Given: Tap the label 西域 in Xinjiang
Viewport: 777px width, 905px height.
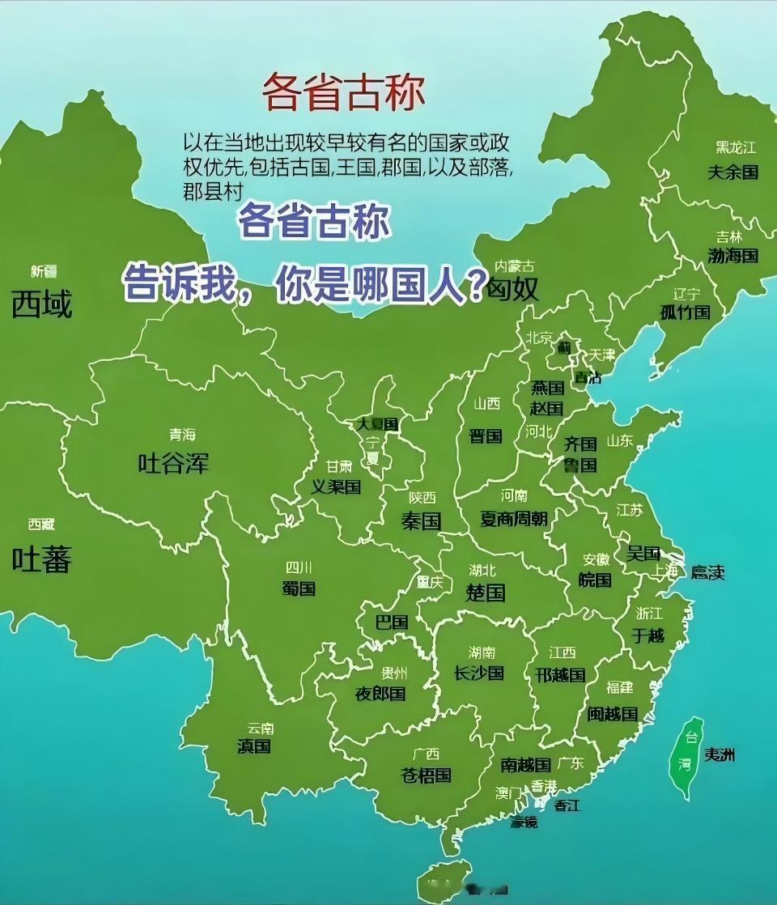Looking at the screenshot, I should pos(41,304).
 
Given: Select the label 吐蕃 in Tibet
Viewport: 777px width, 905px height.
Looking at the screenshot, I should pos(41,559).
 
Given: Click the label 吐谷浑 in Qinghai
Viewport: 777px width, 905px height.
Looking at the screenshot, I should pos(173,463).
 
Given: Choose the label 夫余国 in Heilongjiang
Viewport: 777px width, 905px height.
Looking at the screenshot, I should pos(732,172).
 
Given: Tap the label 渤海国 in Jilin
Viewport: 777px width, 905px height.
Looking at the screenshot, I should pos(732,256).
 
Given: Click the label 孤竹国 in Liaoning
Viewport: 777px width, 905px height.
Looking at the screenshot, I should pos(685,312).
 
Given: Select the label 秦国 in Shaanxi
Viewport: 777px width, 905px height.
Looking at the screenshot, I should pos(421,520).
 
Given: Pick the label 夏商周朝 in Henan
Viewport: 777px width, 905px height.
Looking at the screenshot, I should pos(514,519).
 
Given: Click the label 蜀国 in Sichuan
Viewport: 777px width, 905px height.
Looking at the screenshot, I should pos(299,588).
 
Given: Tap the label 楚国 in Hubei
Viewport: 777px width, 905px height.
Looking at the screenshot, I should pos(486,593).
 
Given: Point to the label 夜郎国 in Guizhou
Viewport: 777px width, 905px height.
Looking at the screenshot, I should pos(380,694).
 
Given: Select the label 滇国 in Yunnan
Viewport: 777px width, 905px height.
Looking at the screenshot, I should pos(254,746).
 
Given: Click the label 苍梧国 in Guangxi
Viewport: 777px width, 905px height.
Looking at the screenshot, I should pos(427,775).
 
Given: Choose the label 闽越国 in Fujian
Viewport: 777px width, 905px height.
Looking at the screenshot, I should pos(613,714).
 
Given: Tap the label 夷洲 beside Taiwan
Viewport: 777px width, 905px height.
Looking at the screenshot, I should pos(720,755).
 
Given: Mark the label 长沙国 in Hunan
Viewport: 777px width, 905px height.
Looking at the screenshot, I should pos(479,673).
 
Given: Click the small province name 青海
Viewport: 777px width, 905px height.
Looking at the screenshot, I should pos(182,435).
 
